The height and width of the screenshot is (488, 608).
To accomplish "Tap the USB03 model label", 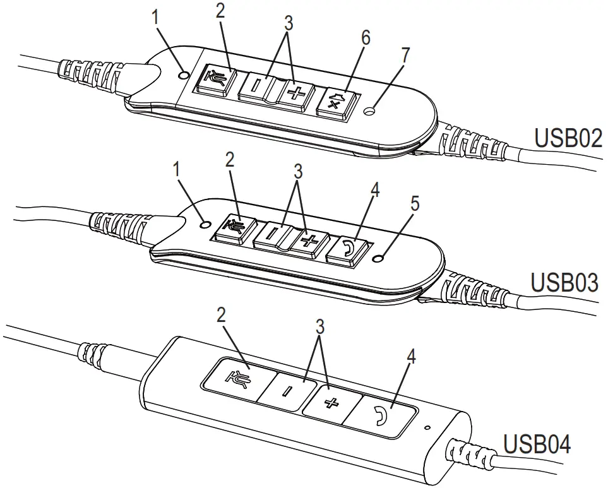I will [x=564, y=282].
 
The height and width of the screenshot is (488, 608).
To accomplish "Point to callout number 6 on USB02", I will [x=365, y=39].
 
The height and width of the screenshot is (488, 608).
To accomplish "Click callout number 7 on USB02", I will [x=404, y=55].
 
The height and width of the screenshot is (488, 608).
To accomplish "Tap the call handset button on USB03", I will [x=349, y=249].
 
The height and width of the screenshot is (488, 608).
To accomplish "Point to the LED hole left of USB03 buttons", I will [x=203, y=224].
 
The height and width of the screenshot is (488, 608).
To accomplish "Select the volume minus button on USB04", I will [x=286, y=390].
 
